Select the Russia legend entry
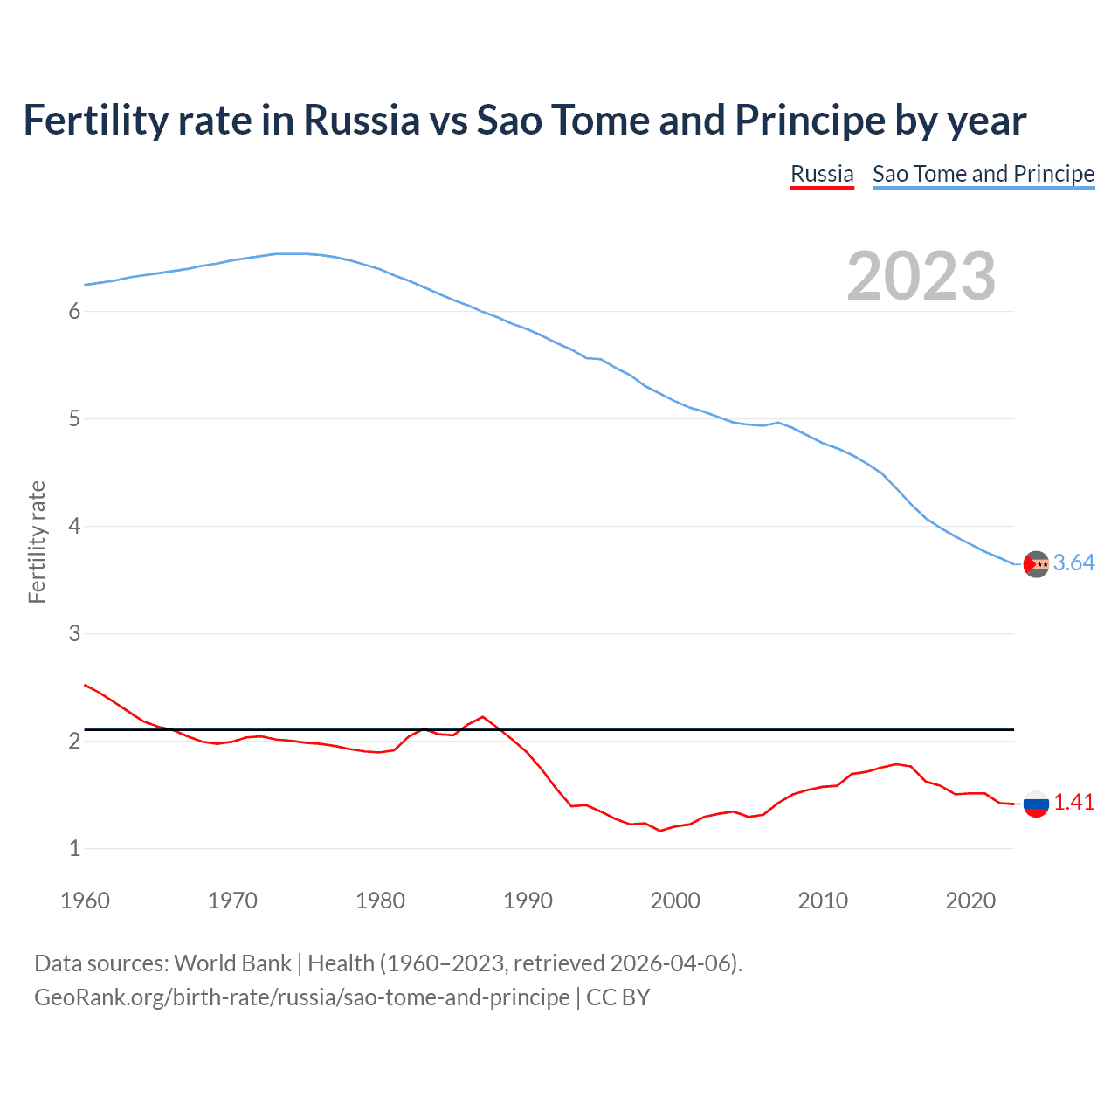(x=822, y=174)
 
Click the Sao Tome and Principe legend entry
(x=983, y=174)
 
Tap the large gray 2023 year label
(x=921, y=276)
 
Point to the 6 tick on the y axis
(x=74, y=312)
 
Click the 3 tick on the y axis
(x=74, y=633)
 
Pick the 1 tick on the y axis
(x=74, y=848)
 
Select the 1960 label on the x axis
(x=85, y=901)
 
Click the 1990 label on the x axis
(x=528, y=901)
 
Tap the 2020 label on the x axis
(x=970, y=901)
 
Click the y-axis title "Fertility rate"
(x=37, y=542)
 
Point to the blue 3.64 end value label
(x=1073, y=563)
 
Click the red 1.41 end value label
(x=1073, y=803)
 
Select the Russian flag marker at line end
(x=1036, y=804)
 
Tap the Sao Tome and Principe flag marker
(x=1036, y=564)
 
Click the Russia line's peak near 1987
(x=483, y=717)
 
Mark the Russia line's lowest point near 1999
(x=660, y=831)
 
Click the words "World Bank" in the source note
(x=232, y=963)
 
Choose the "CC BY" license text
(x=618, y=997)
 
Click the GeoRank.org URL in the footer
(x=301, y=997)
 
